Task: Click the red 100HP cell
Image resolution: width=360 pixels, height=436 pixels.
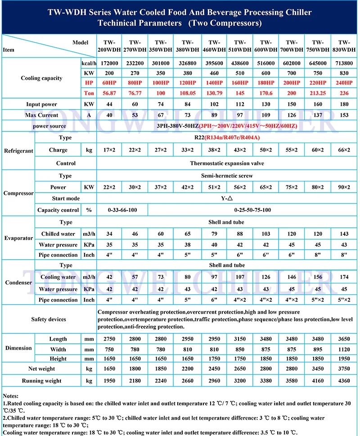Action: pyautogui.click(x=161, y=83)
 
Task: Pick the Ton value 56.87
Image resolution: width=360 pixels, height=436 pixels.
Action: pyautogui.click(x=109, y=93)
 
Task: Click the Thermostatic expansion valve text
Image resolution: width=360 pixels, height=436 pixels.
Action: pyautogui.click(x=227, y=163)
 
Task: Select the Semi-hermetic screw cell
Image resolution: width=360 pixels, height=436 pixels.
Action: pyautogui.click(x=227, y=175)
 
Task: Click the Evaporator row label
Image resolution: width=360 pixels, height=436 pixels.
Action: pyautogui.click(x=18, y=239)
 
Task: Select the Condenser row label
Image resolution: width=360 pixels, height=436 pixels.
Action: pyautogui.click(x=18, y=283)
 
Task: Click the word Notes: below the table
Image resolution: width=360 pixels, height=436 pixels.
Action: pyautogui.click(x=11, y=394)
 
